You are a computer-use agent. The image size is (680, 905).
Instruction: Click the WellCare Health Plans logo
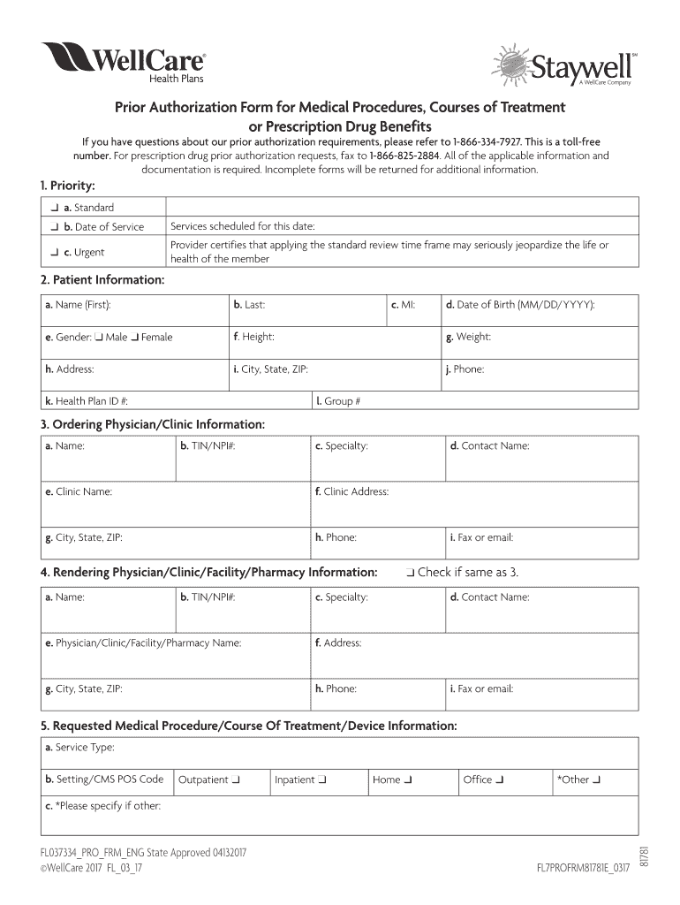pyautogui.click(x=124, y=64)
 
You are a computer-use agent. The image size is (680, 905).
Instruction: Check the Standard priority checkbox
pyautogui.click(x=55, y=208)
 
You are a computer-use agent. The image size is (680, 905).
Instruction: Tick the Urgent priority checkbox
pyautogui.click(x=55, y=253)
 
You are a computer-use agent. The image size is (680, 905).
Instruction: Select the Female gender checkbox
pyautogui.click(x=134, y=338)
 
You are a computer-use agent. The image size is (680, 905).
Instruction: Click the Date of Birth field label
pyautogui.click(x=520, y=305)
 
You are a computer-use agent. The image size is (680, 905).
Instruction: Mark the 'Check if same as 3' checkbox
pyautogui.click(x=412, y=573)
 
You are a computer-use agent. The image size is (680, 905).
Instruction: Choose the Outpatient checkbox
pyautogui.click(x=236, y=780)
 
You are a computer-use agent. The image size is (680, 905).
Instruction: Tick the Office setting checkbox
pyautogui.click(x=501, y=780)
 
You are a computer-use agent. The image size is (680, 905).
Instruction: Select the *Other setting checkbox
pyautogui.click(x=598, y=780)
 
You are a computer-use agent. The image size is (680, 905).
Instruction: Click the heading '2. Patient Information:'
pyautogui.click(x=102, y=280)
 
